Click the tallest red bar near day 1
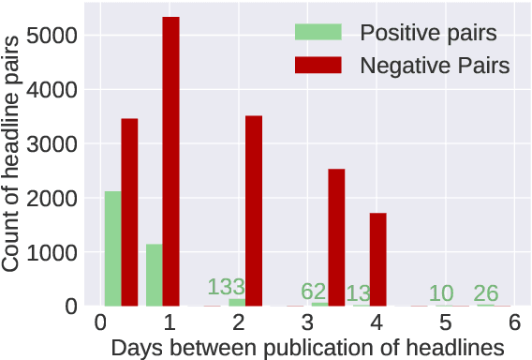(x=170, y=161)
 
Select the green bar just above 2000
(x=112, y=248)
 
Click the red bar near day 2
(x=253, y=211)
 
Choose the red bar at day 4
(x=377, y=259)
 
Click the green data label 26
(x=485, y=293)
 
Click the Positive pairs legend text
(x=428, y=34)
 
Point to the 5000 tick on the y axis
(x=61, y=36)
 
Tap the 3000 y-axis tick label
(x=61, y=144)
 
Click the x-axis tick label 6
(x=514, y=322)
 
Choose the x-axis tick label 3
(x=308, y=322)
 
